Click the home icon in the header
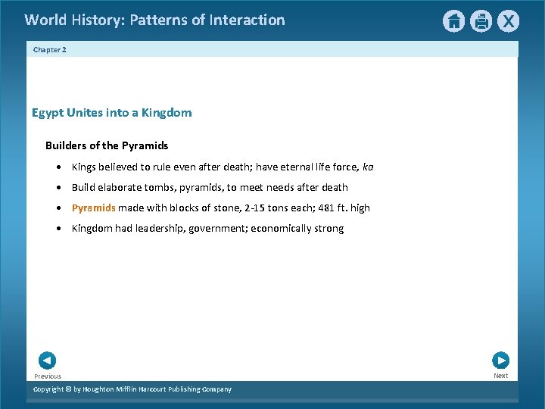(x=453, y=21)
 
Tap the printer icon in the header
(x=481, y=21)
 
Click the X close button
(x=508, y=21)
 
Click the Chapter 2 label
(x=50, y=49)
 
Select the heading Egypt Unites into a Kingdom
(x=111, y=113)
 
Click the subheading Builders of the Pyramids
(x=107, y=145)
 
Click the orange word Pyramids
(x=93, y=208)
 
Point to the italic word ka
(x=368, y=167)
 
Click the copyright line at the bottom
(x=132, y=389)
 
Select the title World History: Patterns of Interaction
(x=154, y=20)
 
